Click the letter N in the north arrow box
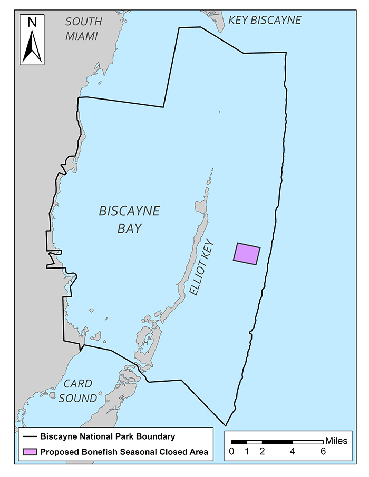pyautogui.click(x=32, y=23)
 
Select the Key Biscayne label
pyautogui.click(x=265, y=21)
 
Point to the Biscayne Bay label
pyautogui.click(x=129, y=220)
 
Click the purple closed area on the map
pyautogui.click(x=247, y=254)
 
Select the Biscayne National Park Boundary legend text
pyautogui.click(x=108, y=436)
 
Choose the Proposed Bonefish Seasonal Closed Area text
pyautogui.click(x=124, y=452)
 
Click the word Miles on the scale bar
pyautogui.click(x=336, y=441)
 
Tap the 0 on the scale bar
pyautogui.click(x=231, y=452)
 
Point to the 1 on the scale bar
pyautogui.click(x=247, y=452)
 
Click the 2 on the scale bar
pyautogui.click(x=262, y=452)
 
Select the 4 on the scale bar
pyautogui.click(x=293, y=452)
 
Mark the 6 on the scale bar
pyautogui.click(x=323, y=452)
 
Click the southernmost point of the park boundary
pyautogui.click(x=226, y=425)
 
